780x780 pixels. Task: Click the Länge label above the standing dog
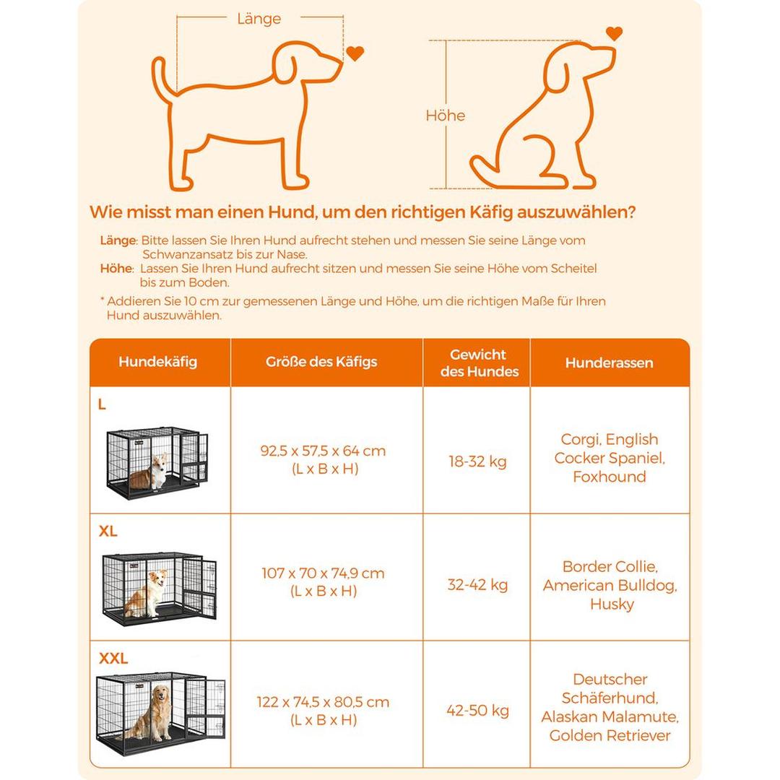pyautogui.click(x=259, y=19)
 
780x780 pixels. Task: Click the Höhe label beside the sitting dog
pyautogui.click(x=446, y=116)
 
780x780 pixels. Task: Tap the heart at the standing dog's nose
pyautogui.click(x=355, y=53)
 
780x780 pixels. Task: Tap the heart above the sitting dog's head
pyautogui.click(x=614, y=33)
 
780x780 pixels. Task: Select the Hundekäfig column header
pyautogui.click(x=157, y=362)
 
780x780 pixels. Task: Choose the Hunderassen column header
pyautogui.click(x=609, y=363)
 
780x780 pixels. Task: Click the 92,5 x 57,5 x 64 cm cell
pyautogui.click(x=323, y=459)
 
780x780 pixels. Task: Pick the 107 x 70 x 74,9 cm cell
pyautogui.click(x=323, y=582)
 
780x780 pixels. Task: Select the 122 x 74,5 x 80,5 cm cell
pyautogui.click(x=323, y=710)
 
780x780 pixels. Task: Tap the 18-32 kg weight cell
pyautogui.click(x=478, y=461)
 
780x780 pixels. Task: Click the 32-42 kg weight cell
pyautogui.click(x=478, y=584)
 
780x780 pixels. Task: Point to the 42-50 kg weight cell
pyautogui.click(x=478, y=711)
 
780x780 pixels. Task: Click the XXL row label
pyautogui.click(x=113, y=658)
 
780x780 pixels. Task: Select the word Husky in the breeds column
pyautogui.click(x=612, y=604)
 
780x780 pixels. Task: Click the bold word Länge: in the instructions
pyautogui.click(x=118, y=240)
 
